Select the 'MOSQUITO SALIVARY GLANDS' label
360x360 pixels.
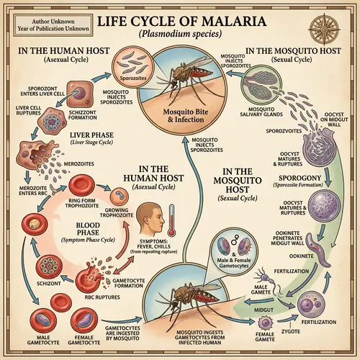pos(263,108)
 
